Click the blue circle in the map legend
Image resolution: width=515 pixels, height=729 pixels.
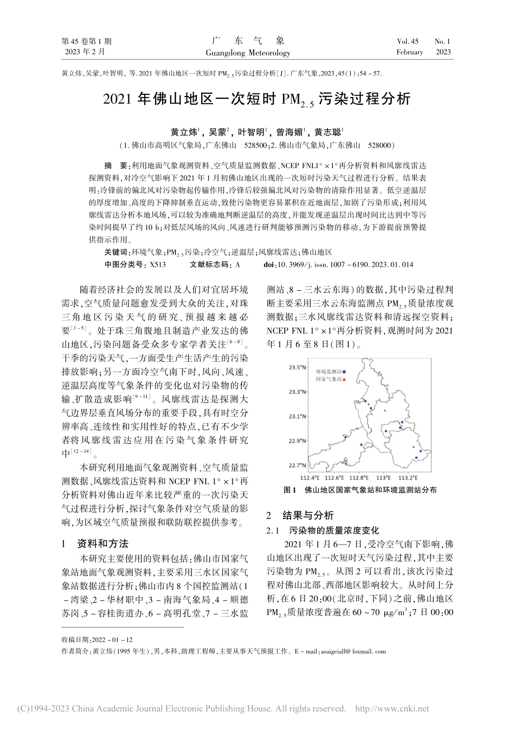(x=344, y=372)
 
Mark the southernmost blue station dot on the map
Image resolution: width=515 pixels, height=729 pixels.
(x=416, y=458)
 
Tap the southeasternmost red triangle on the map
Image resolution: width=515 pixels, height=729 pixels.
(x=414, y=447)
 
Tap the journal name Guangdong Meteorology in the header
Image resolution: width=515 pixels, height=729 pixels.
(x=248, y=53)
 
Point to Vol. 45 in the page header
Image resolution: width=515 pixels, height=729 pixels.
(x=408, y=41)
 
